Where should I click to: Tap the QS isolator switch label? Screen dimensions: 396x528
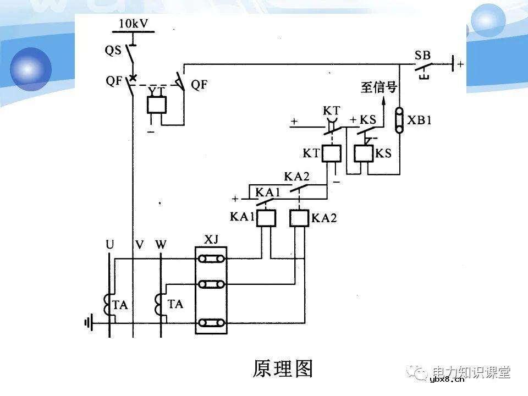click(113, 50)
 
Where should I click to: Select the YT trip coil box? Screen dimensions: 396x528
click(157, 105)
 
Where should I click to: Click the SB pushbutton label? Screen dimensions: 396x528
click(423, 56)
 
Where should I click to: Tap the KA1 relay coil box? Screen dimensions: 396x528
click(267, 218)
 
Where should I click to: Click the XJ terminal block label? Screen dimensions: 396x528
click(211, 239)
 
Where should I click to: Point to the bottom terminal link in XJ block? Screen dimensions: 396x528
click(212, 323)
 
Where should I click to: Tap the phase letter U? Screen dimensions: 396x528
click(110, 244)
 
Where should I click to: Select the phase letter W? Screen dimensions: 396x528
click(161, 244)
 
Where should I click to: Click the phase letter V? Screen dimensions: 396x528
click(139, 244)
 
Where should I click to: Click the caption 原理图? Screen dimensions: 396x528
click(283, 368)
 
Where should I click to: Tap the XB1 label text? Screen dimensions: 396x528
click(419, 120)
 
